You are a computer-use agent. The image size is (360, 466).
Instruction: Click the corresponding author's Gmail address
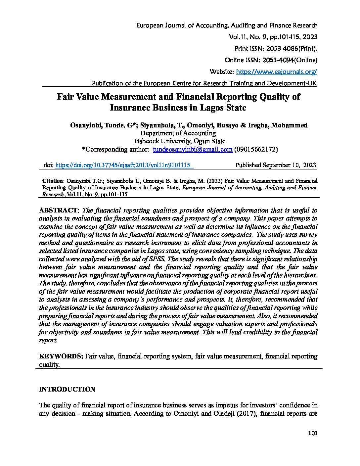click(192, 150)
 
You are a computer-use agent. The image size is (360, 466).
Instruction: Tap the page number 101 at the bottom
click(312, 434)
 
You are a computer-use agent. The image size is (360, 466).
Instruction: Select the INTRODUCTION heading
click(67, 389)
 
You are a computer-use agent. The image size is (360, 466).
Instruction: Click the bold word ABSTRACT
click(58, 210)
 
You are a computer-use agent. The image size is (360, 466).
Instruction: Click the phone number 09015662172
click(256, 150)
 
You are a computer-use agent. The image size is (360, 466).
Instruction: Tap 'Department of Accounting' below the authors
click(178, 133)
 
